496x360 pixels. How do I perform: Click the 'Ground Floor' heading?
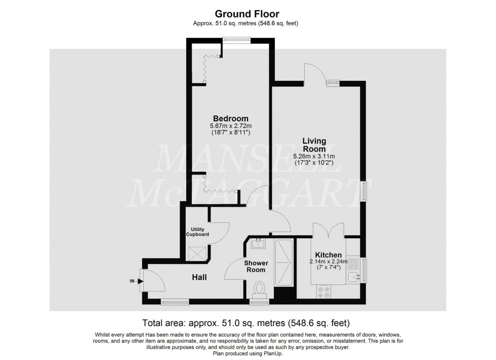[247, 14]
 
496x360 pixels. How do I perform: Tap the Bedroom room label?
[231, 118]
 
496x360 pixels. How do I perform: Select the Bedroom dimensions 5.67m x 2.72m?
[231, 126]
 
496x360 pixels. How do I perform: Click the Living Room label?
[314, 145]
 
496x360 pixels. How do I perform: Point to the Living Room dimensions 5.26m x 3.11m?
[314, 156]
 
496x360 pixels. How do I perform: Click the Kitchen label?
[328, 255]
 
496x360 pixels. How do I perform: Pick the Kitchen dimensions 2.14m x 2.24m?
[328, 262]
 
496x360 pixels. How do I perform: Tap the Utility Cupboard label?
[197, 232]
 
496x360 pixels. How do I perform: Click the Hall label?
[199, 278]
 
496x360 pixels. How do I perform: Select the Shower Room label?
[256, 266]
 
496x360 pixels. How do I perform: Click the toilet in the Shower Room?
[259, 289]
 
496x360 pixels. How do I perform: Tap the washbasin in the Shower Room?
[259, 244]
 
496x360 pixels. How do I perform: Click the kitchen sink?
[354, 277]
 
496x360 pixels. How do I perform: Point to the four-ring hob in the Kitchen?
[323, 292]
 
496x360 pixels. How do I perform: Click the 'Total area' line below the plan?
[246, 323]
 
